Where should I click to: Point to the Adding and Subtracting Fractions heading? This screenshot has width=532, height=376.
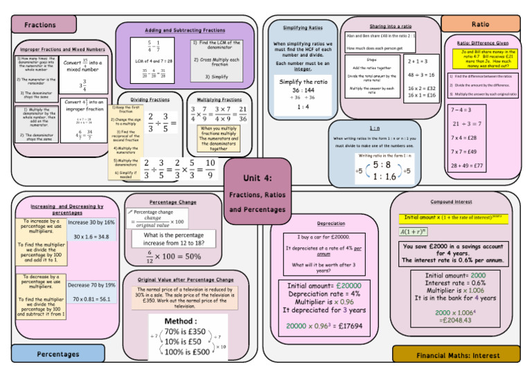tap(185, 30)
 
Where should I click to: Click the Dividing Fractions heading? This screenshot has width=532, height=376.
tap(150, 100)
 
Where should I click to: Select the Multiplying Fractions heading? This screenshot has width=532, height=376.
tap(219, 100)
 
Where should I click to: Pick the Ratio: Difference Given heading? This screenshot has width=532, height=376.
tap(483, 43)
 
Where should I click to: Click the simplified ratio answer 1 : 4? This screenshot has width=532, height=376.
tap(303, 107)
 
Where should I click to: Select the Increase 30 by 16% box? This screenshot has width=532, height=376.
tap(91, 222)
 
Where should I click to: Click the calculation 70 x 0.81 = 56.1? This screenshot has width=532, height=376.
tap(91, 299)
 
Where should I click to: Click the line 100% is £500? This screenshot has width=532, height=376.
tap(186, 352)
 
